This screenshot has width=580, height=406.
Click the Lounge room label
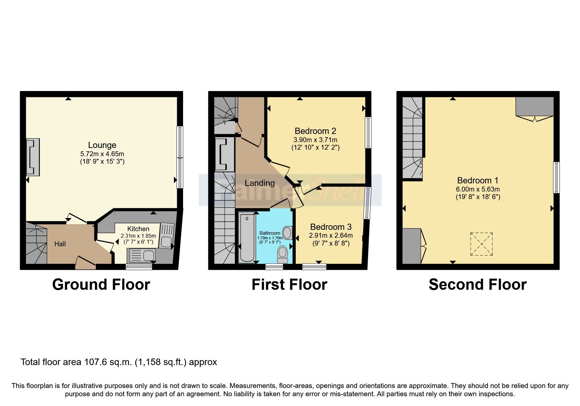[102, 145]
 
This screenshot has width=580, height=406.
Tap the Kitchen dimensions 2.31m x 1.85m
[138, 236]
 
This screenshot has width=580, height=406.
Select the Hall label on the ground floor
[60, 244]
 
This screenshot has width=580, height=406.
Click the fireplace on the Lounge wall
[33, 157]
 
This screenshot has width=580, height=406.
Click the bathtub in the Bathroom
[247, 237]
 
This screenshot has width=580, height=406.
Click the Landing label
[260, 183]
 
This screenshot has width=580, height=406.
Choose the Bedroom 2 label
[315, 131]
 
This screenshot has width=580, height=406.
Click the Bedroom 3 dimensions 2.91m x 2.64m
[331, 235]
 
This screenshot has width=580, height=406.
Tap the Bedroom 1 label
[478, 180]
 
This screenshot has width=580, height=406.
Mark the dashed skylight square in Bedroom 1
[481, 244]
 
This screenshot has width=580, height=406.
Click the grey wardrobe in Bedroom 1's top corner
[534, 106]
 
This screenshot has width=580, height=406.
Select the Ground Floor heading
[101, 284]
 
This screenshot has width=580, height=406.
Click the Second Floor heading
[477, 284]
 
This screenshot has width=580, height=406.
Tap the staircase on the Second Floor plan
[413, 138]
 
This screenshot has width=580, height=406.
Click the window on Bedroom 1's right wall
[556, 178]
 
